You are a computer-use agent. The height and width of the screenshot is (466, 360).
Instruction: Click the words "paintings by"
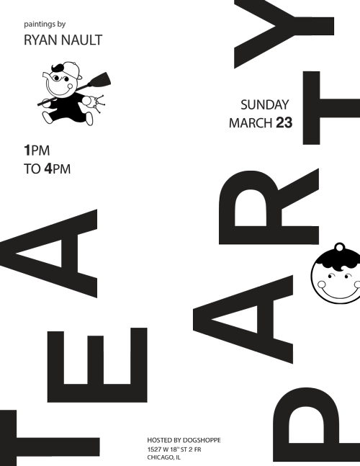(45, 24)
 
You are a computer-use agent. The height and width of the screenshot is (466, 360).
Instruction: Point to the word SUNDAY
(264, 104)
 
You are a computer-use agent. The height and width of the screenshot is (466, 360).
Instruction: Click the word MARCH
(251, 122)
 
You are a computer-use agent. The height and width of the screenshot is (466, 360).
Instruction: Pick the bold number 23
(284, 122)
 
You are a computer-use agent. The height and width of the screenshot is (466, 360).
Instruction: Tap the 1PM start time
(37, 151)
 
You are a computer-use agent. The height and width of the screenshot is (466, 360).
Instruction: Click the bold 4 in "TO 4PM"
(48, 169)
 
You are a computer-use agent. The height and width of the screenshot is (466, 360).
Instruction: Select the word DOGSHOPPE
(202, 440)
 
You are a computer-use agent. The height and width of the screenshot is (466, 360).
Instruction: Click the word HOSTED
(160, 440)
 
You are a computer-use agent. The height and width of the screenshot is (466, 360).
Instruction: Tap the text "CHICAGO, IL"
(163, 457)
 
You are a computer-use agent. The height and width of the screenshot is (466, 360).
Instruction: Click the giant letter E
(97, 365)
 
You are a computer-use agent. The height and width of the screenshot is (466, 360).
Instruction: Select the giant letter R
(269, 207)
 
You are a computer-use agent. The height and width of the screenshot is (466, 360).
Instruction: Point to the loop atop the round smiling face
(340, 247)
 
